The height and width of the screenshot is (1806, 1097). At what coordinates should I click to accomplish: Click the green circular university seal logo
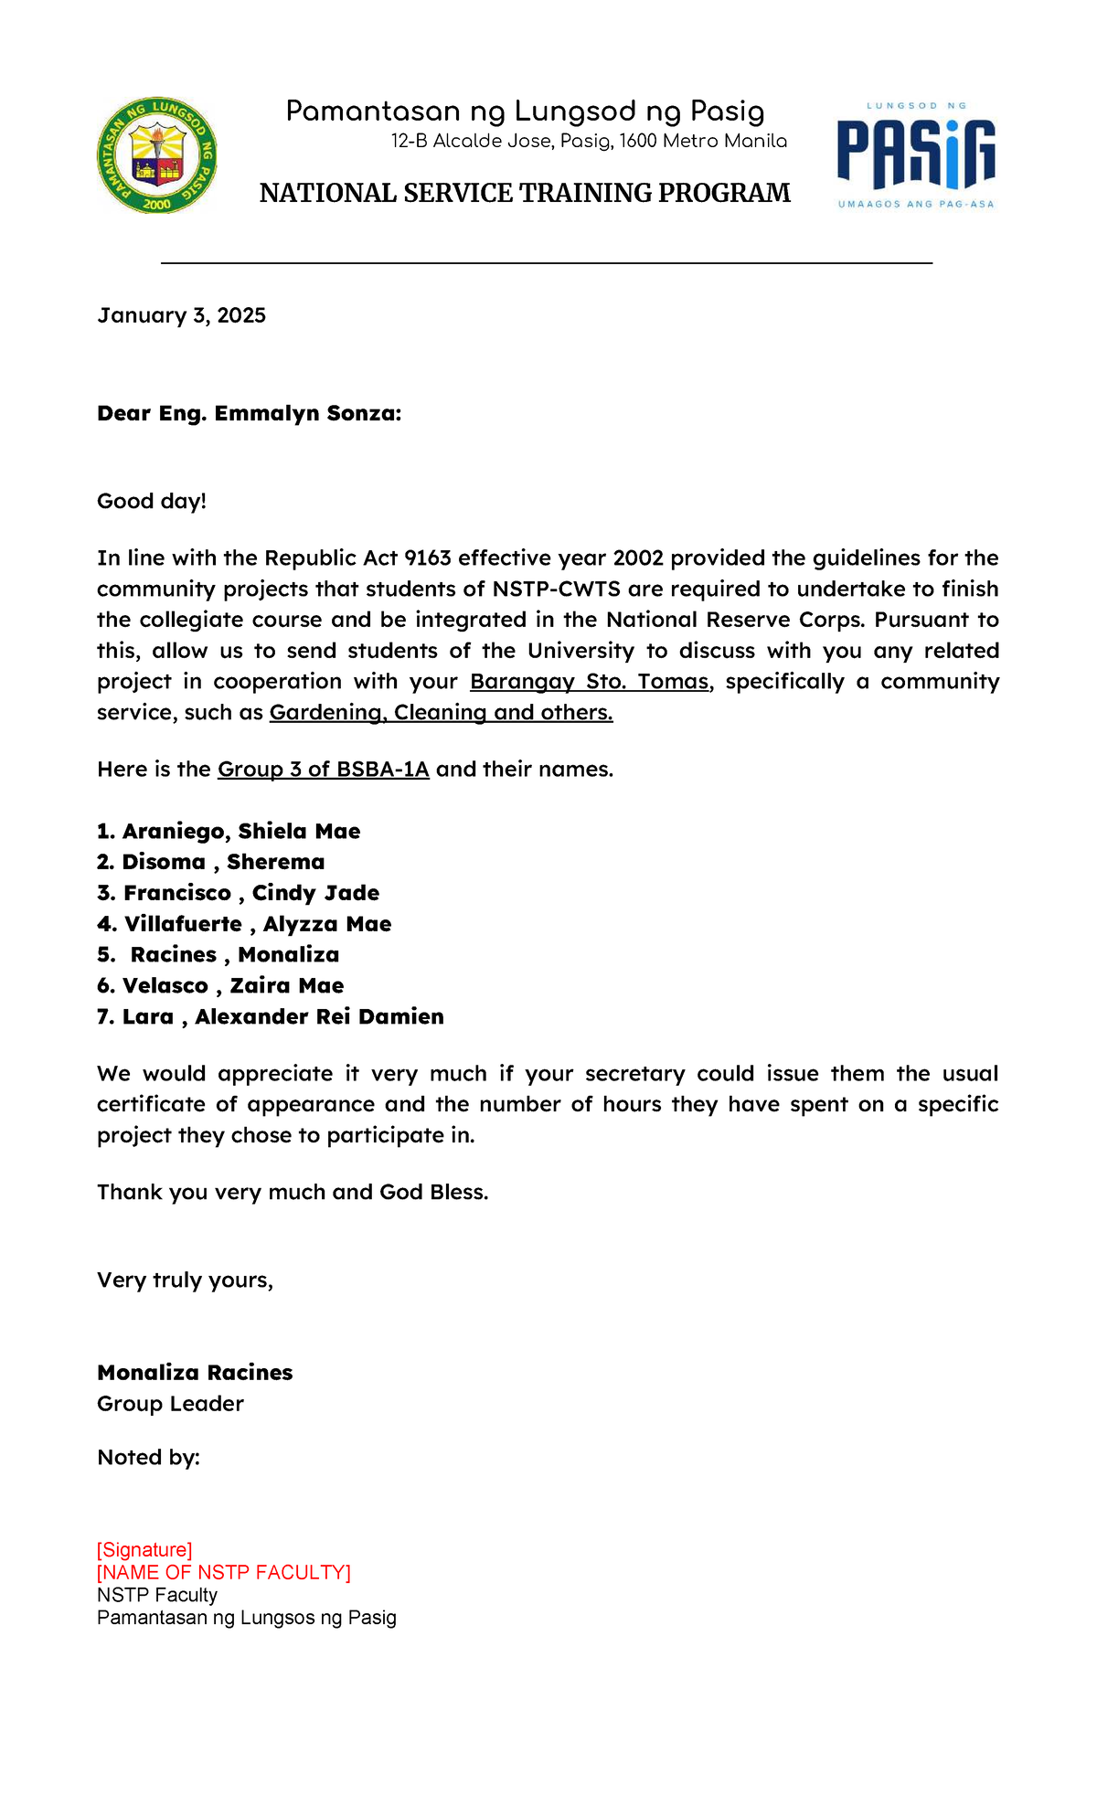tap(157, 155)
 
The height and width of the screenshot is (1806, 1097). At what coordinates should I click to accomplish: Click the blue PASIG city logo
tap(916, 155)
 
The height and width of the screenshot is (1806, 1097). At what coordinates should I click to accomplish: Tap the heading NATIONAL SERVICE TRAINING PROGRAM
tap(525, 193)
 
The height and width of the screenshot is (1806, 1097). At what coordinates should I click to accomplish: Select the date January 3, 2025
tap(181, 315)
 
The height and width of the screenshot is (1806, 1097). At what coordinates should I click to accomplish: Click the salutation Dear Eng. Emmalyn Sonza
tap(249, 413)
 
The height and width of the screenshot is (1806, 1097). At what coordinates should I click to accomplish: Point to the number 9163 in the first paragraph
tap(427, 558)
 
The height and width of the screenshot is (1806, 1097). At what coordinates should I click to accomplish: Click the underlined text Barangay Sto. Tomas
tap(589, 681)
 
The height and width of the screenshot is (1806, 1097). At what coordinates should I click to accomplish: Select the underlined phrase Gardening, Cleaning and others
tap(441, 712)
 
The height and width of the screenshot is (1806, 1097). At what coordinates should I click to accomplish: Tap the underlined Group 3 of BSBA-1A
tap(323, 769)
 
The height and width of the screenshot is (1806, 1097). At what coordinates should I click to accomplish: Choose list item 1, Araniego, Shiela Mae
tap(229, 831)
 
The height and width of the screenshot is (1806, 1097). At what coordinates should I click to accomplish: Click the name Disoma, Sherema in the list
tap(211, 862)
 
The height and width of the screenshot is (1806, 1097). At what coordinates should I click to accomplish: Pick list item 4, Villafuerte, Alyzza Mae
tap(244, 924)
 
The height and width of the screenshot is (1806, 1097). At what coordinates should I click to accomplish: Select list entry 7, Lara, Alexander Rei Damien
tap(271, 1016)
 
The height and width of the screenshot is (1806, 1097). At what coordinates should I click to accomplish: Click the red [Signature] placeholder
tap(144, 1549)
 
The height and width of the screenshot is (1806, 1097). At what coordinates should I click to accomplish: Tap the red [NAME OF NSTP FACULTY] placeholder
tap(224, 1572)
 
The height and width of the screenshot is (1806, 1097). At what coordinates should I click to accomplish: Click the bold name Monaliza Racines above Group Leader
tap(195, 1372)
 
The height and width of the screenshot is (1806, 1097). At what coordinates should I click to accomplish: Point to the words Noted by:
tap(148, 1457)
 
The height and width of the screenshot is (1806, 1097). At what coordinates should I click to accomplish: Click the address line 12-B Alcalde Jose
tap(589, 141)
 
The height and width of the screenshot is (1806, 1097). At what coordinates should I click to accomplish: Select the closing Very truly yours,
tap(185, 1280)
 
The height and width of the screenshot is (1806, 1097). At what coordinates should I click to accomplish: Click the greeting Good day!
tap(152, 501)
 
